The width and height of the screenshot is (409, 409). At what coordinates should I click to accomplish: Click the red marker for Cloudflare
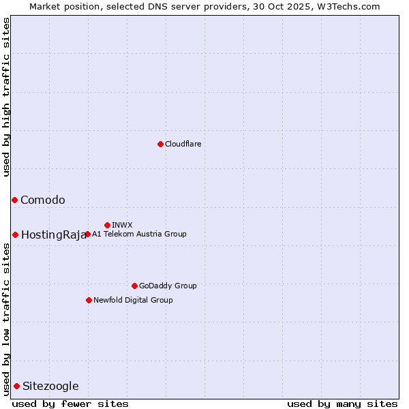tap(160, 144)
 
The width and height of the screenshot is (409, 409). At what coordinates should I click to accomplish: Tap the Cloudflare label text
tap(183, 144)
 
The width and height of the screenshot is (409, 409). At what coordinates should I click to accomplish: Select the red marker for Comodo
tap(14, 200)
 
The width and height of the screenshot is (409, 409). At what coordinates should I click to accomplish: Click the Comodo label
tap(43, 200)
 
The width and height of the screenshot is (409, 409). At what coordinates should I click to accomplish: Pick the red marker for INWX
tap(107, 225)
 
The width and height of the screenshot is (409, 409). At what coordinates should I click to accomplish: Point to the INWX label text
tap(122, 225)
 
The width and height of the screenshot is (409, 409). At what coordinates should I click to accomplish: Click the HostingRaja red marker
tap(15, 234)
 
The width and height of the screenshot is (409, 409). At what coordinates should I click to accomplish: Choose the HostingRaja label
tap(54, 235)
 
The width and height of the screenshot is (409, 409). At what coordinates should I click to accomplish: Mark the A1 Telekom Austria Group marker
tap(87, 234)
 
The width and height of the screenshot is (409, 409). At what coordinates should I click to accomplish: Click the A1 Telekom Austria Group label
tap(139, 234)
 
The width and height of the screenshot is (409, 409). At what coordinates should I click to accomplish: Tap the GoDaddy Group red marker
tap(134, 286)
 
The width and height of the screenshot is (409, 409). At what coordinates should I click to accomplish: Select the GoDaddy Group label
tap(168, 286)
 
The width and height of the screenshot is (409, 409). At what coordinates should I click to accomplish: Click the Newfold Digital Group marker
tap(89, 300)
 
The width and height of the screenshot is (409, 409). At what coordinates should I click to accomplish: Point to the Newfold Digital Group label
tap(133, 300)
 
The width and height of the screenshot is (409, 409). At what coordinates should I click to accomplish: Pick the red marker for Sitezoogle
tap(16, 386)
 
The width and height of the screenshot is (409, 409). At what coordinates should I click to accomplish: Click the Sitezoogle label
tap(50, 387)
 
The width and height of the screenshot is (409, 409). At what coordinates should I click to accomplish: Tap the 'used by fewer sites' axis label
tap(70, 404)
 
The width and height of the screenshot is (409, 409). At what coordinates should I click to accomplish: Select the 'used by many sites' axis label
tap(342, 404)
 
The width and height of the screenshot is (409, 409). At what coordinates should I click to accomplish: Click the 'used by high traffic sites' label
tap(6, 97)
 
